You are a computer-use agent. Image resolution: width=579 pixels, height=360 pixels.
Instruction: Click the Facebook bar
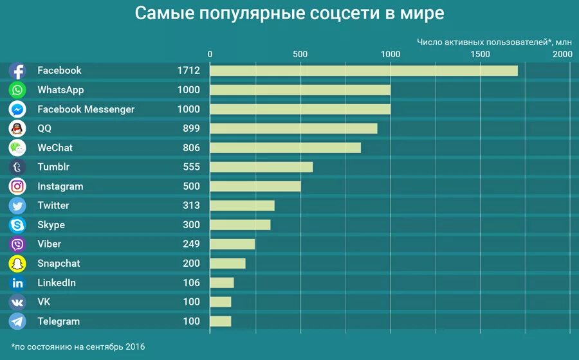click(x=363, y=71)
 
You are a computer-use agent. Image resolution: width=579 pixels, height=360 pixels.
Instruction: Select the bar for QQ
click(x=293, y=129)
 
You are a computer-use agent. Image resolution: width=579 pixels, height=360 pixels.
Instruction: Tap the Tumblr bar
click(x=261, y=167)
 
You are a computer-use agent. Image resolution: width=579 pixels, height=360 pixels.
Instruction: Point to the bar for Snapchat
click(x=228, y=264)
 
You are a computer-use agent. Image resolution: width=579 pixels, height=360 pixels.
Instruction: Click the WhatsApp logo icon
click(x=17, y=90)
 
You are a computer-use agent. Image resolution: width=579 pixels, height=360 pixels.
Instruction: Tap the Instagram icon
click(x=17, y=186)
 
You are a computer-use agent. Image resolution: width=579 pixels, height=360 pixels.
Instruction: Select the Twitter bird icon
click(x=17, y=206)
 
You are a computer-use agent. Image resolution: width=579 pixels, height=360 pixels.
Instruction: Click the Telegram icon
click(x=17, y=321)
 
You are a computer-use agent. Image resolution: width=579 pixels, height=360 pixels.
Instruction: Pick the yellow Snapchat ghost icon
click(x=17, y=264)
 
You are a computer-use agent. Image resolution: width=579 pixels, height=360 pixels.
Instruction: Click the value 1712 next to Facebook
click(x=188, y=71)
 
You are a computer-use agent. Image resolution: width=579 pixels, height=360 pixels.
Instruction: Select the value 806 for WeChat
click(x=190, y=148)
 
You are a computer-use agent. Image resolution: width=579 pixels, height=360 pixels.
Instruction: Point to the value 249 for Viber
click(x=190, y=244)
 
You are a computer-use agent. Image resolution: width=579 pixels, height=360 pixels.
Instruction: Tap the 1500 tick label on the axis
click(x=480, y=55)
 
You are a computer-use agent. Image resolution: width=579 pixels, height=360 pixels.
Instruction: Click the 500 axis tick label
click(x=300, y=55)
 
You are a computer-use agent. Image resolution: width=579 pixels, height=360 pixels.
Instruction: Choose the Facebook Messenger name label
click(x=86, y=109)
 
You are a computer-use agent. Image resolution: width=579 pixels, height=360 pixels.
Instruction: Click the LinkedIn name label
click(x=57, y=283)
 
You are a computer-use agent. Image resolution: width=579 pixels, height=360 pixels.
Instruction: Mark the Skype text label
click(x=51, y=225)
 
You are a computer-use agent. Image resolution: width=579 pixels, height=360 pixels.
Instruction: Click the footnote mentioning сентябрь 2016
click(x=78, y=347)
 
